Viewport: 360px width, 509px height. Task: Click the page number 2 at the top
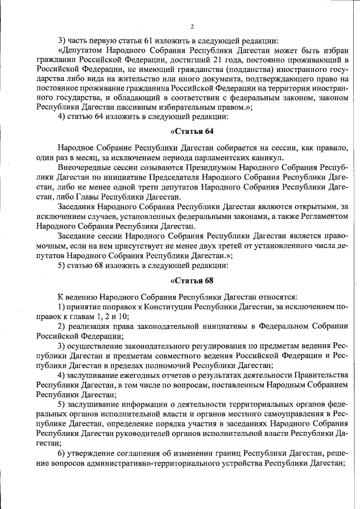tap(192, 26)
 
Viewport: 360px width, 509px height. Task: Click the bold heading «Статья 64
tap(192, 132)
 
